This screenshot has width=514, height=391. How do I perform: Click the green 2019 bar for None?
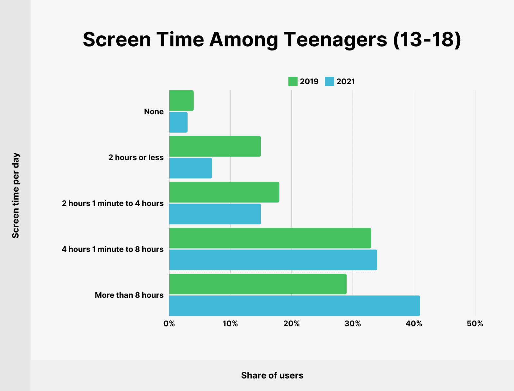pyautogui.click(x=181, y=101)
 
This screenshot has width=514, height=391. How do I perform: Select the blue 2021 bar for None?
pyautogui.click(x=178, y=122)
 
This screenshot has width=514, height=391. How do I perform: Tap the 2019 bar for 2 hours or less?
pyautogui.click(x=215, y=146)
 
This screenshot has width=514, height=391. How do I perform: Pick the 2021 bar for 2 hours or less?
pyautogui.click(x=191, y=168)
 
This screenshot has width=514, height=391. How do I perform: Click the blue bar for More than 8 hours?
pyautogui.click(x=294, y=305)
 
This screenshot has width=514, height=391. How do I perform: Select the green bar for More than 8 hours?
pyautogui.click(x=258, y=284)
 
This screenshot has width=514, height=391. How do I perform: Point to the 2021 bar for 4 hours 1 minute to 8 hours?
pyautogui.click(x=273, y=260)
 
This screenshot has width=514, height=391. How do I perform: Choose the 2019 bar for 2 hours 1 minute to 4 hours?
pyautogui.click(x=224, y=192)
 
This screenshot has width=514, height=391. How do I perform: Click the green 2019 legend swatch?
pyautogui.click(x=293, y=82)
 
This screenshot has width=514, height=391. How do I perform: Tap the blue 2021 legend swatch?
pyautogui.click(x=329, y=82)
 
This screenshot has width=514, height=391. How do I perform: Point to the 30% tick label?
pyautogui.click(x=352, y=324)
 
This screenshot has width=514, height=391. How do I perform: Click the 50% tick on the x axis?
pyautogui.click(x=475, y=324)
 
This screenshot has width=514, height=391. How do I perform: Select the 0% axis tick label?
pyautogui.click(x=169, y=324)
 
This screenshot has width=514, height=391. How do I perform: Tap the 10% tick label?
pyautogui.click(x=230, y=324)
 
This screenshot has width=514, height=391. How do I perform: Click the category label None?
pyautogui.click(x=154, y=112)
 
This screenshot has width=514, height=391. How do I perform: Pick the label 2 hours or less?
pyautogui.click(x=136, y=158)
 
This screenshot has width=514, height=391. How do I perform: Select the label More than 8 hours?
pyautogui.click(x=129, y=295)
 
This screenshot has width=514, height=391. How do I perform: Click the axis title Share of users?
pyautogui.click(x=272, y=376)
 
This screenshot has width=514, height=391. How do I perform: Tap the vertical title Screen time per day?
pyautogui.click(x=16, y=195)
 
